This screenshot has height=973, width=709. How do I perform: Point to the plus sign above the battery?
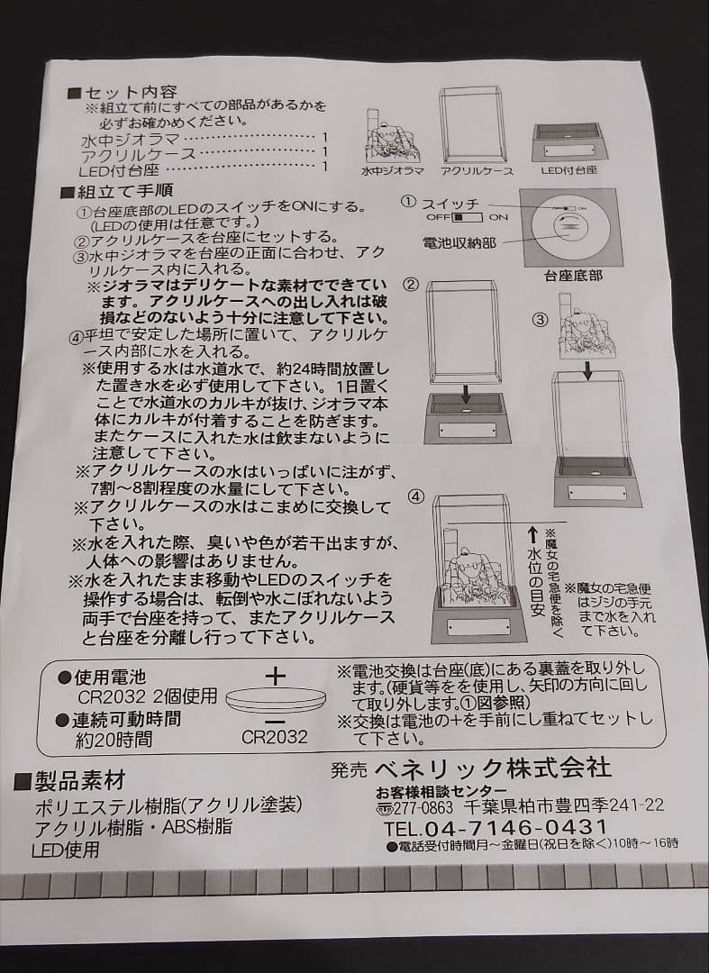click(276, 675)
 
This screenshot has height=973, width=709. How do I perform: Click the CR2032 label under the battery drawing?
click(275, 737)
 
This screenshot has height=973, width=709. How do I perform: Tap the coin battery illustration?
click(275, 699)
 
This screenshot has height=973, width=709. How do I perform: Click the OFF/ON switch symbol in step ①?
click(468, 217)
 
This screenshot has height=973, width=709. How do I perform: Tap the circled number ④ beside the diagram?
click(415, 496)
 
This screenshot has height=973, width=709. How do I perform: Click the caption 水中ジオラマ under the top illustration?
click(393, 170)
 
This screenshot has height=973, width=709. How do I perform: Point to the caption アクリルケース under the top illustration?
click(477, 170)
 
